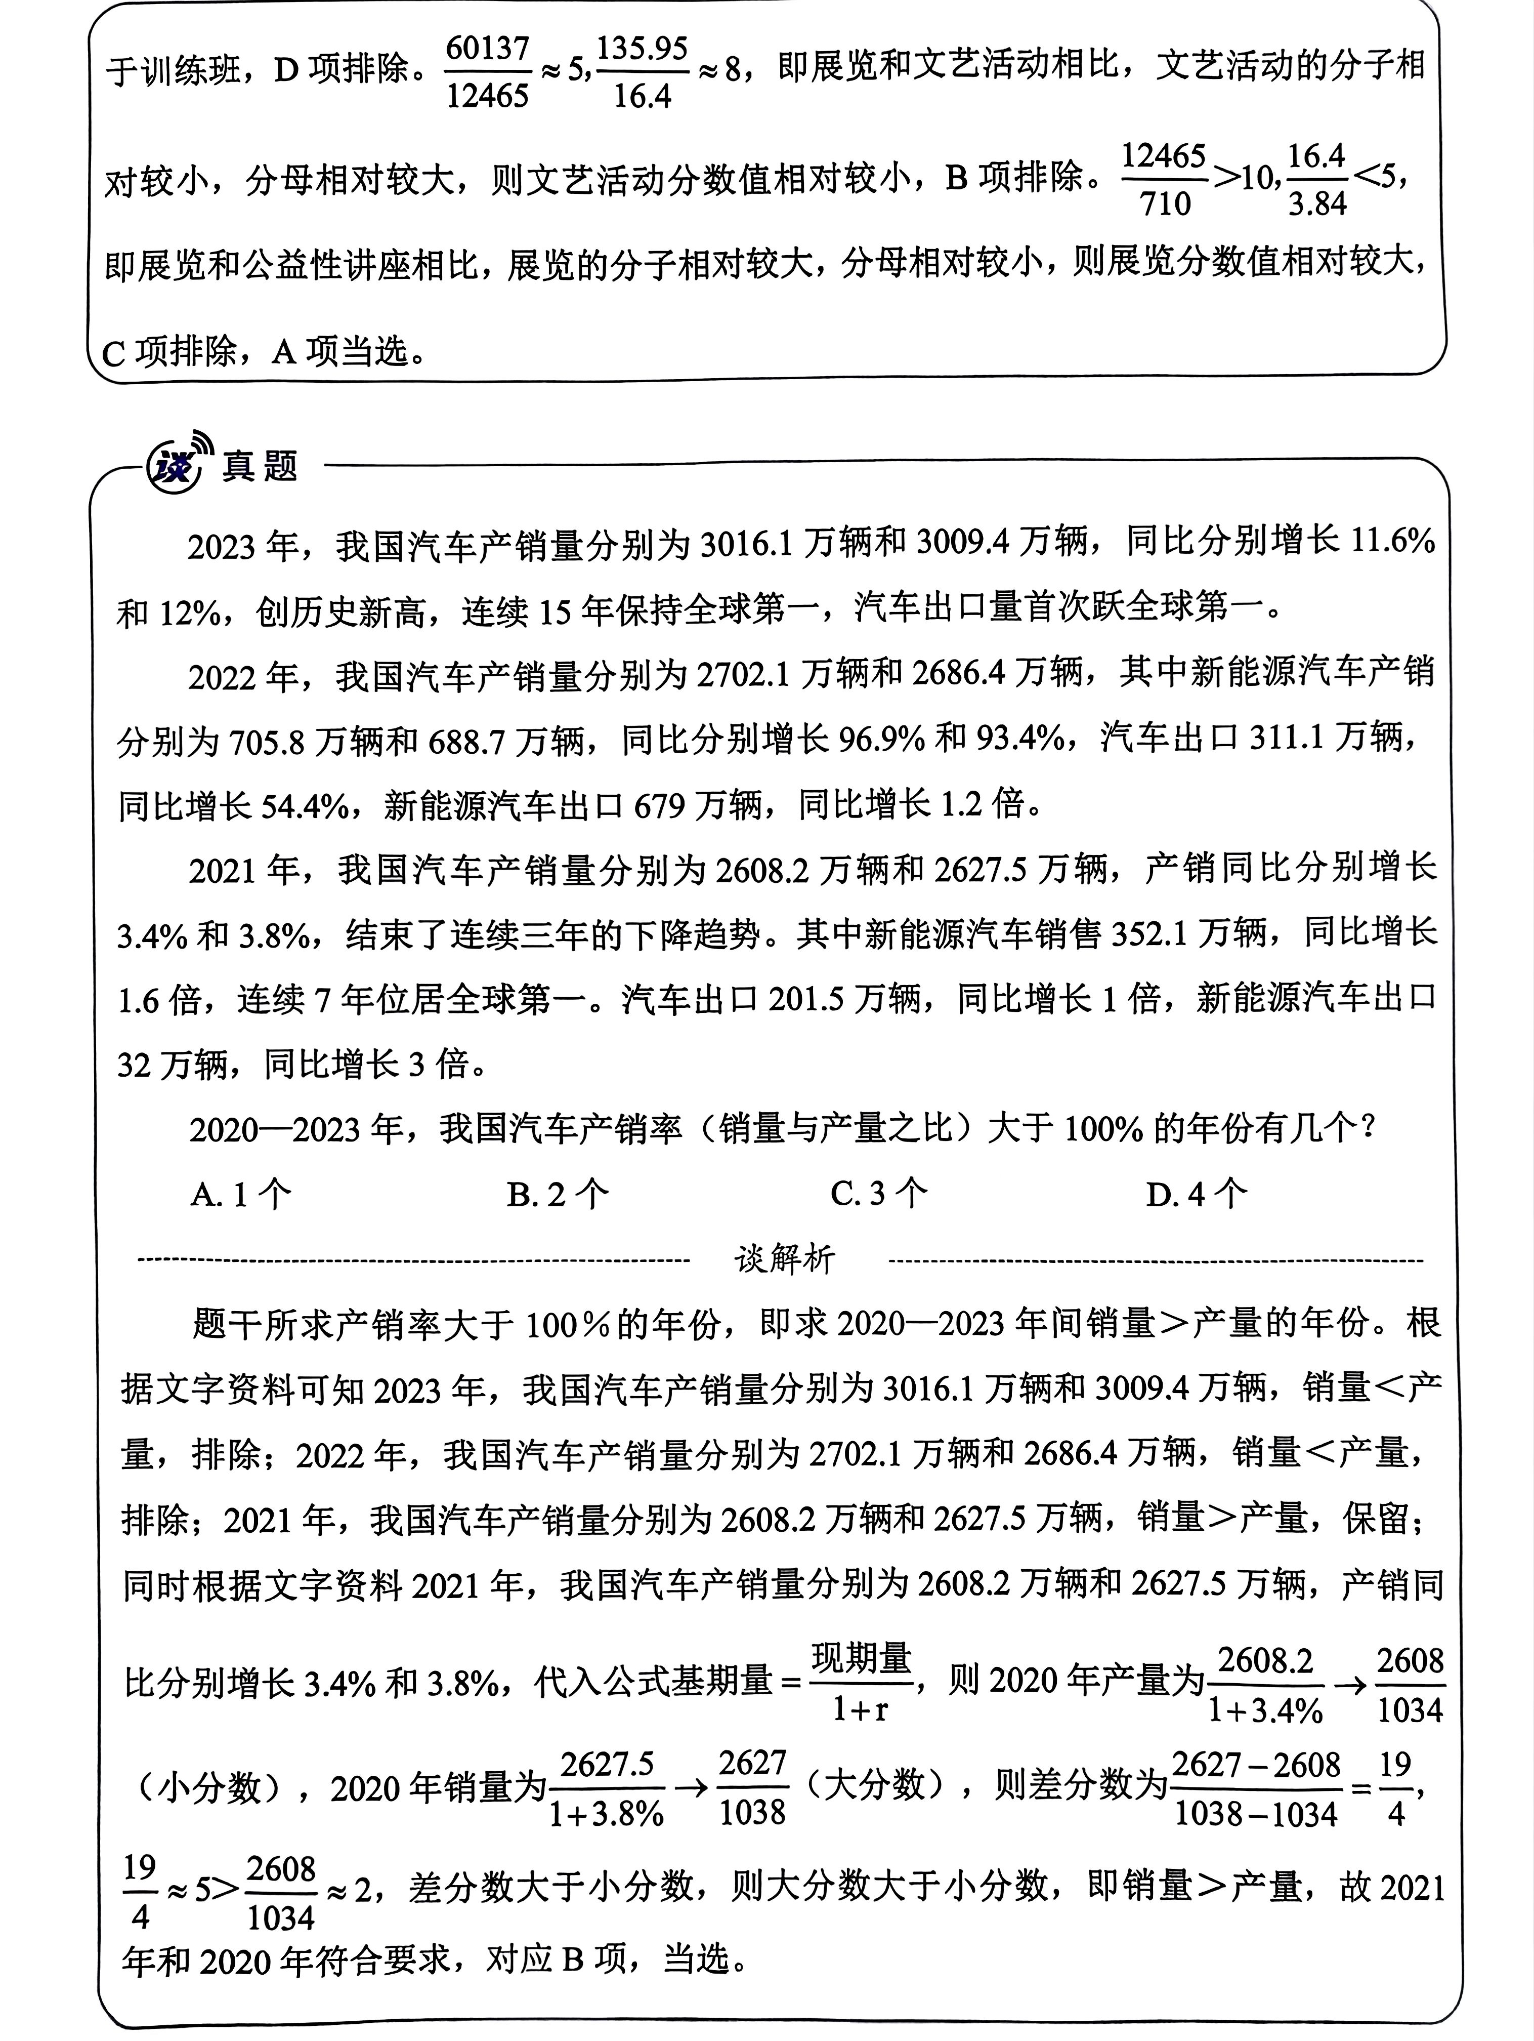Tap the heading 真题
tap(260, 466)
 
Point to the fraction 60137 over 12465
tap(488, 72)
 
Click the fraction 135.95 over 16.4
tap(642, 72)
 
